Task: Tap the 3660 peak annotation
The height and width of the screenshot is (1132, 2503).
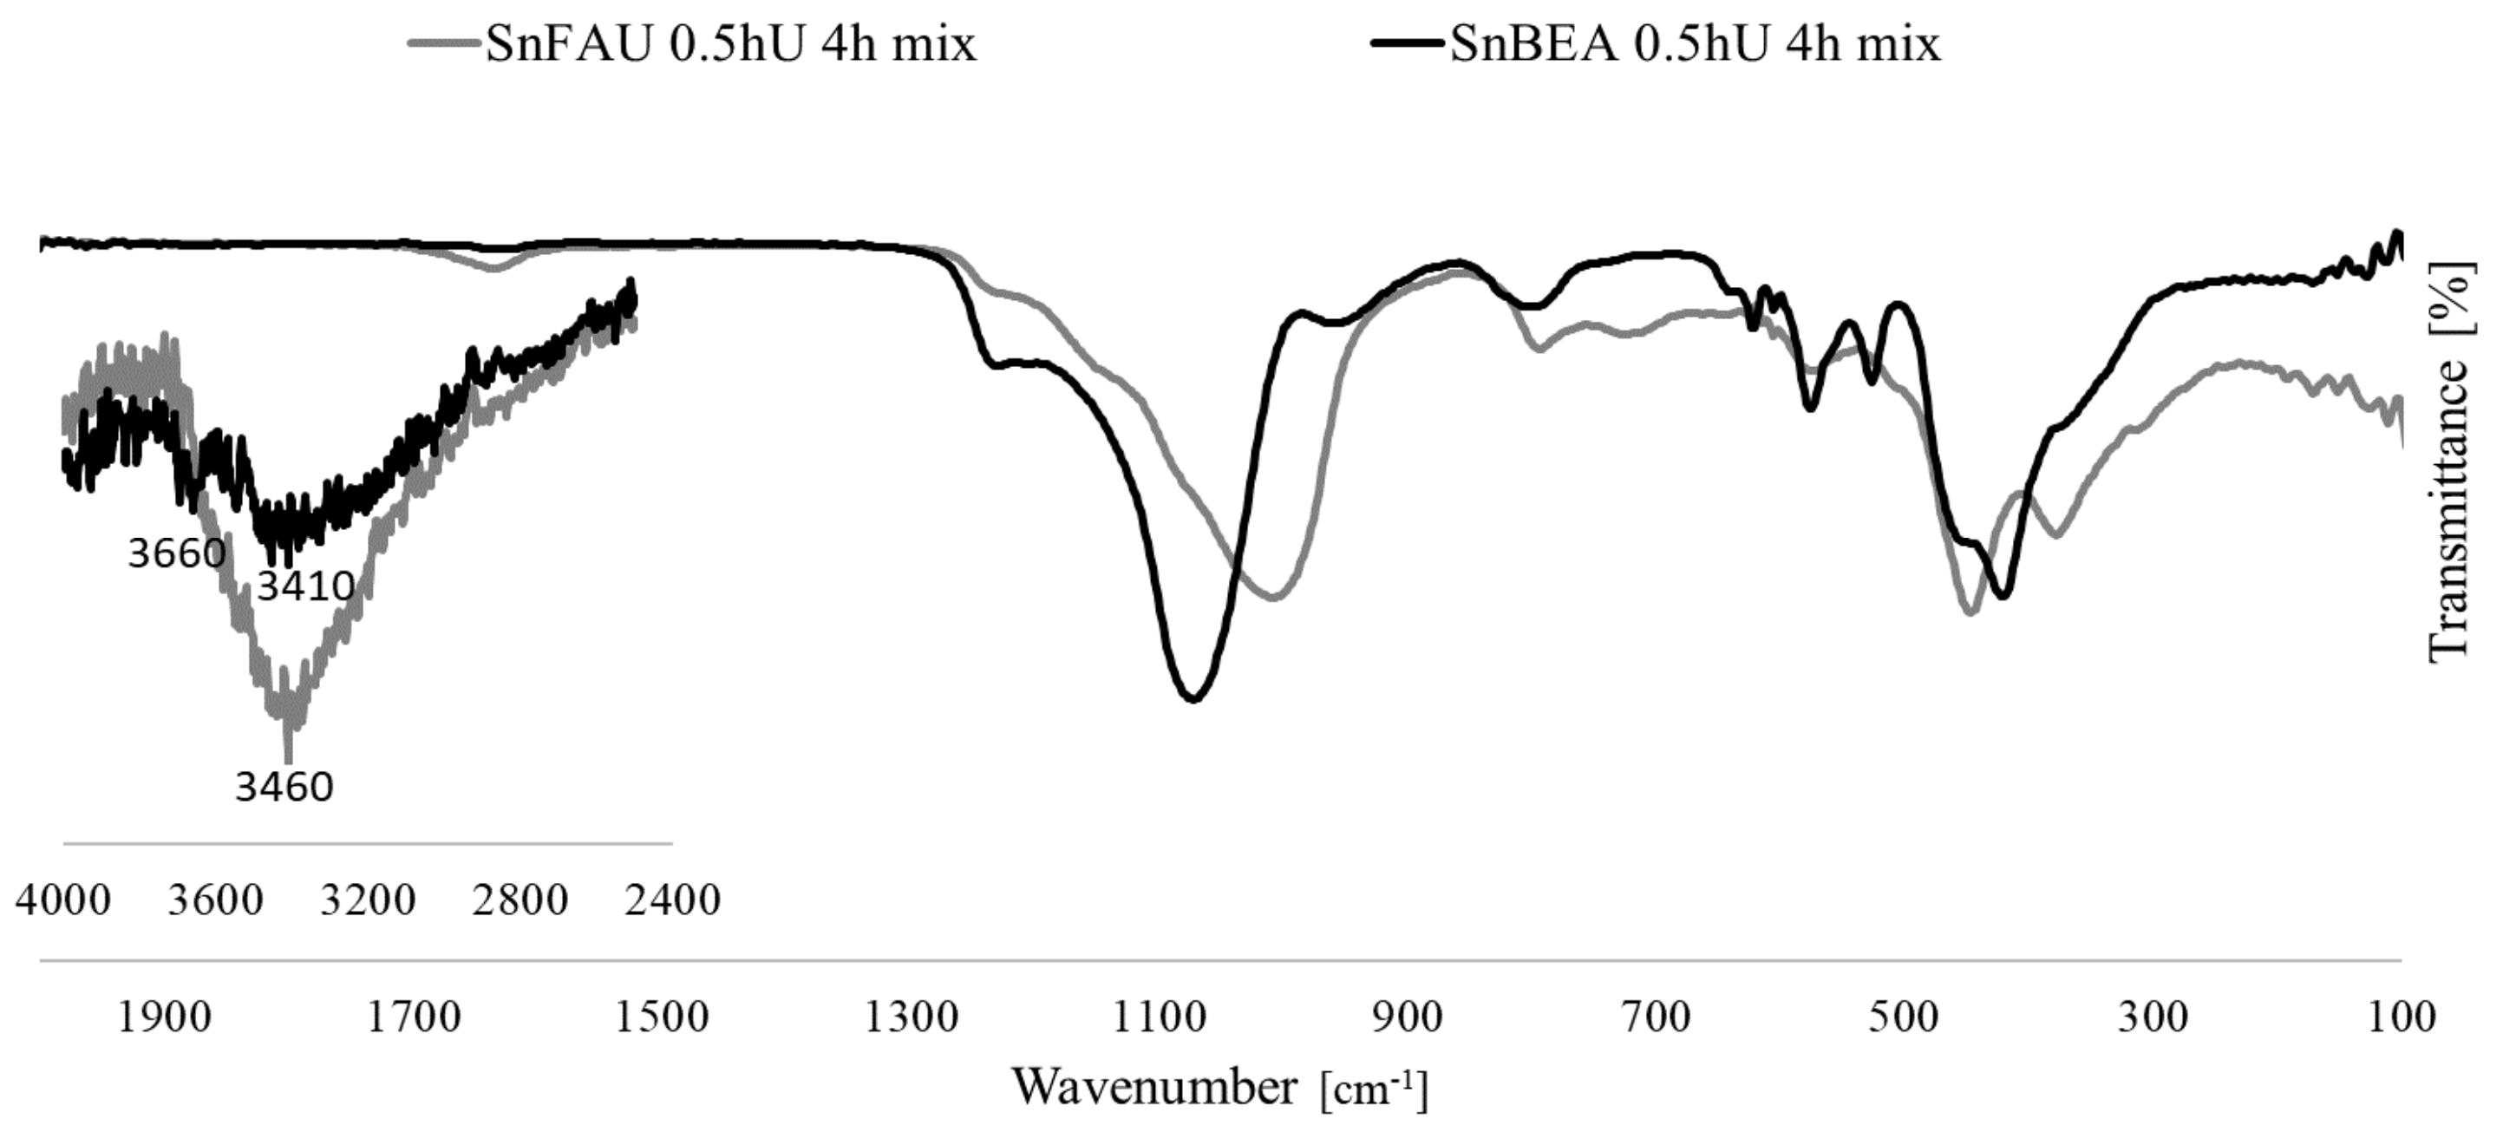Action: click(177, 553)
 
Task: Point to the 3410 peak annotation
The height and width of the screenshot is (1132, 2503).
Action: click(305, 586)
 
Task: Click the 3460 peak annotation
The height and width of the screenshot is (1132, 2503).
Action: click(284, 787)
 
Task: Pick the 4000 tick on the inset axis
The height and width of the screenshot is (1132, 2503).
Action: click(63, 900)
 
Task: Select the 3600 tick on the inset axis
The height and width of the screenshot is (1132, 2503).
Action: click(216, 900)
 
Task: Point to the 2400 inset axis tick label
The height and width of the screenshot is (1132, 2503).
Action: click(672, 900)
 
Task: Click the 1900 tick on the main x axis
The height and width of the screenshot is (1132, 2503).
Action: click(164, 1017)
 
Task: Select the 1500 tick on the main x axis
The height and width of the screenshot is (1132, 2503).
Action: click(662, 1017)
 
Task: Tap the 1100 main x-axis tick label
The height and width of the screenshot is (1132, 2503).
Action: click(1160, 1017)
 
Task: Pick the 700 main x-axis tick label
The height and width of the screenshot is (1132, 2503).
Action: click(1657, 1017)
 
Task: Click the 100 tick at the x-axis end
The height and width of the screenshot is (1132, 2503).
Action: click(2402, 1017)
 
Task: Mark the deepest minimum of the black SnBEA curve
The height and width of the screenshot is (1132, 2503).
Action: click(1193, 698)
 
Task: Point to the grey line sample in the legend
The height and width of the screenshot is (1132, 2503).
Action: click(444, 43)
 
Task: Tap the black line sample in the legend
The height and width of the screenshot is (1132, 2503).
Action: click(1408, 43)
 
